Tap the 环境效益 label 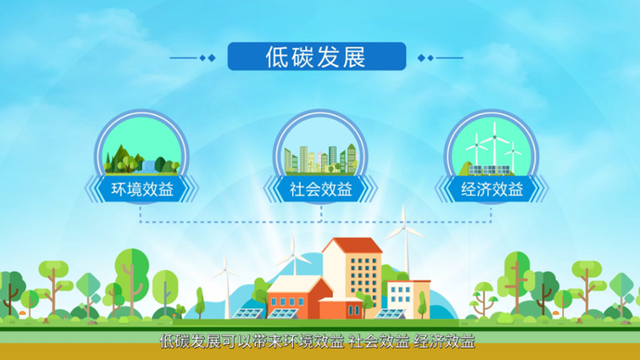tap(142, 190)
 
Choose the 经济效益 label tap(492, 190)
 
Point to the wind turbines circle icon tap(492, 148)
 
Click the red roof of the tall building tap(352, 246)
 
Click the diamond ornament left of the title tap(210, 58)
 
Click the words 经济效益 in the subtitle tap(444, 341)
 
